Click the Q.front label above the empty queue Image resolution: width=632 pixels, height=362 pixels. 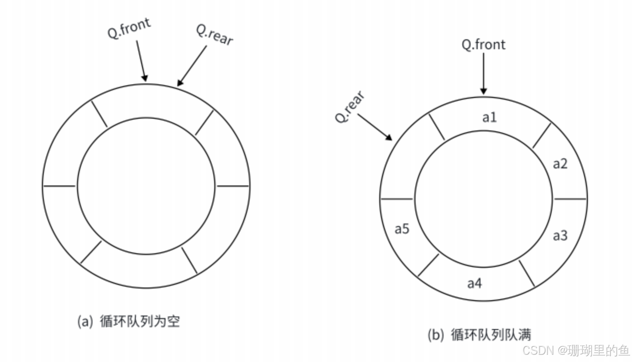pos(129,29)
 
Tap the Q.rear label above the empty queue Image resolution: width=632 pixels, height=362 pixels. pos(214,34)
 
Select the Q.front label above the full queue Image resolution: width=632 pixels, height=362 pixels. pos(484,44)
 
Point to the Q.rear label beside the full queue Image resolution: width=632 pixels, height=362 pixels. pos(350,107)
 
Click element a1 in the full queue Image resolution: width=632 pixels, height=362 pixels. pos(489,118)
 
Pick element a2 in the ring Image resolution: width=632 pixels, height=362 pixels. pos(560,164)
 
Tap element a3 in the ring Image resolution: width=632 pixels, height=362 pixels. pos(560,236)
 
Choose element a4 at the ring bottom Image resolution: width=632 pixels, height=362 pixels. pos(475,283)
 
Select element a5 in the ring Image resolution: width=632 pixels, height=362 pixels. pos(402,229)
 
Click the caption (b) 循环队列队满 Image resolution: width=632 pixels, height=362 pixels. pos(479,334)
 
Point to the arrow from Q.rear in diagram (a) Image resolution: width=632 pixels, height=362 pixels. pos(192,65)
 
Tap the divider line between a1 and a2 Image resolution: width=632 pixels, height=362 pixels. pos(542,135)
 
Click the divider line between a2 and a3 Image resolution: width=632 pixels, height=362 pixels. pos(570,199)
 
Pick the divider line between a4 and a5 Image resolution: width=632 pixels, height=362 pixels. pos(428,265)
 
